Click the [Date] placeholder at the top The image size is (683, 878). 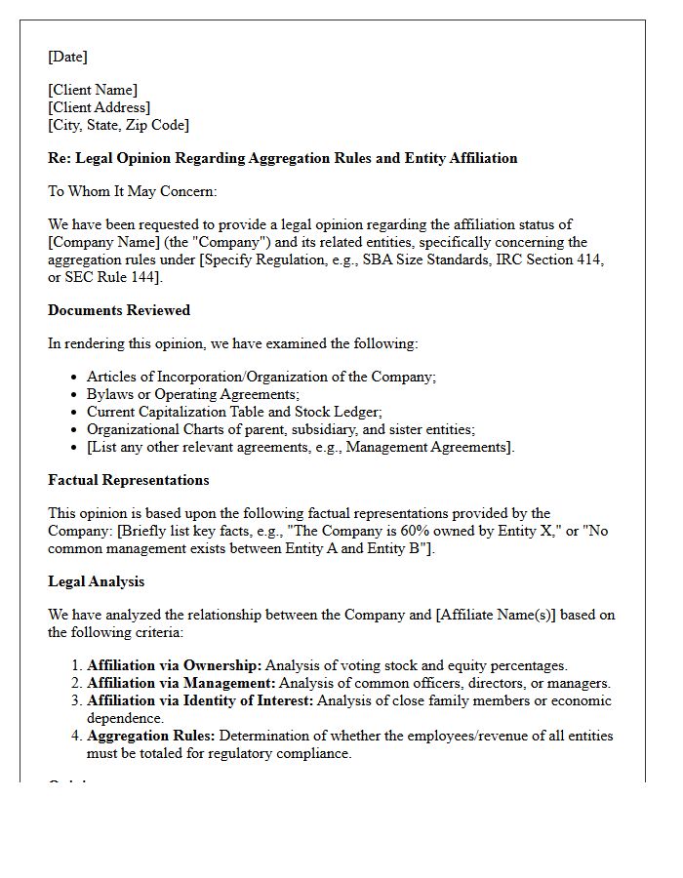[67, 57]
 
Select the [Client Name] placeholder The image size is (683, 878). [93, 90]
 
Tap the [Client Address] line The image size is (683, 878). [99, 107]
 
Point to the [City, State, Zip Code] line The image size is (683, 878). [118, 125]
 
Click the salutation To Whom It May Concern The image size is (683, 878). [133, 191]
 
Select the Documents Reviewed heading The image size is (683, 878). [119, 310]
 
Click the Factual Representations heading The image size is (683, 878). [129, 480]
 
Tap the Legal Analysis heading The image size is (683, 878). [97, 581]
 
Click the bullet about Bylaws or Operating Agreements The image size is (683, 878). [192, 394]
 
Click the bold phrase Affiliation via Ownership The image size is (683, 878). [174, 665]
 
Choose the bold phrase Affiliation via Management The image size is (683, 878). [181, 683]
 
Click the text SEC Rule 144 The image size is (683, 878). [110, 277]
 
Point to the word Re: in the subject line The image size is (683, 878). [59, 158]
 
